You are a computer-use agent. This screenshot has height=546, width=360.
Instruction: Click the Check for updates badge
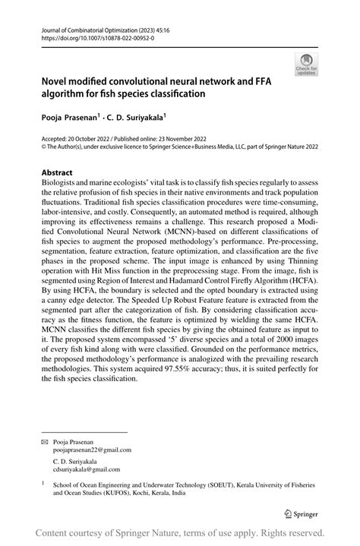coord(308,65)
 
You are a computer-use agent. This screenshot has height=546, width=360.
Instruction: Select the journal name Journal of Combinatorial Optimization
coord(89,27)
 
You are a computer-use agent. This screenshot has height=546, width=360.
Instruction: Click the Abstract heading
coord(58,173)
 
